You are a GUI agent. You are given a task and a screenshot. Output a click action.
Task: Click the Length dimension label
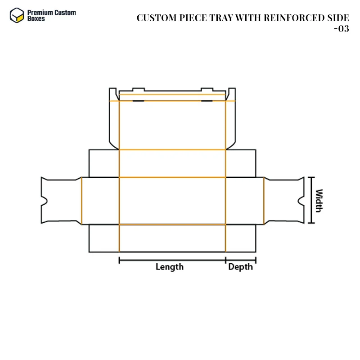click(x=170, y=267)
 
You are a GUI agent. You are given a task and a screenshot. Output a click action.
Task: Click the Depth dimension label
click(x=240, y=267)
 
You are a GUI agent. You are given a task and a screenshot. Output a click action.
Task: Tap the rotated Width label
click(x=319, y=201)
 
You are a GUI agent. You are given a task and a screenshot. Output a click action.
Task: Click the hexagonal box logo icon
click(x=17, y=15)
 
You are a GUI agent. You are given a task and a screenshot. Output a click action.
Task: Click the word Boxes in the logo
click(x=36, y=18)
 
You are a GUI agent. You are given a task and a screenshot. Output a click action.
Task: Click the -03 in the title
click(x=342, y=29)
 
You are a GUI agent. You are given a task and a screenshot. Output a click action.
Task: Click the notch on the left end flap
click(x=44, y=201)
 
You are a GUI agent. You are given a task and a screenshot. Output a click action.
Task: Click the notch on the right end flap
click(x=301, y=201)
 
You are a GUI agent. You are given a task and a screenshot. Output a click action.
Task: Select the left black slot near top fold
click(x=139, y=101)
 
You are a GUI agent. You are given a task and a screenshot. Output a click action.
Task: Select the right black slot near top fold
click(x=207, y=101)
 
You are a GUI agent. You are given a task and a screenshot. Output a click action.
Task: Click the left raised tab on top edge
click(x=139, y=89)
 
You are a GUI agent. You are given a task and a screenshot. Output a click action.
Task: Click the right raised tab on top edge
click(x=207, y=89)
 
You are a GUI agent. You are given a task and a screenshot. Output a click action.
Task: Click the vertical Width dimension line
click(x=311, y=200)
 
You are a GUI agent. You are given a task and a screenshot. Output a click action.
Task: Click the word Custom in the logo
click(x=65, y=13)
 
